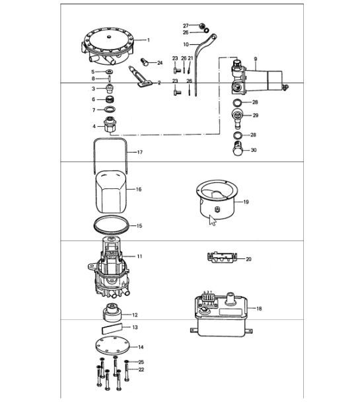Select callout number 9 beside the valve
tap(255, 59)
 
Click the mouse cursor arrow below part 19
tap(212, 219)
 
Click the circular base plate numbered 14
tap(109, 346)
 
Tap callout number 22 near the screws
tap(140, 369)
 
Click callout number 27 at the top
tap(186, 25)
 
